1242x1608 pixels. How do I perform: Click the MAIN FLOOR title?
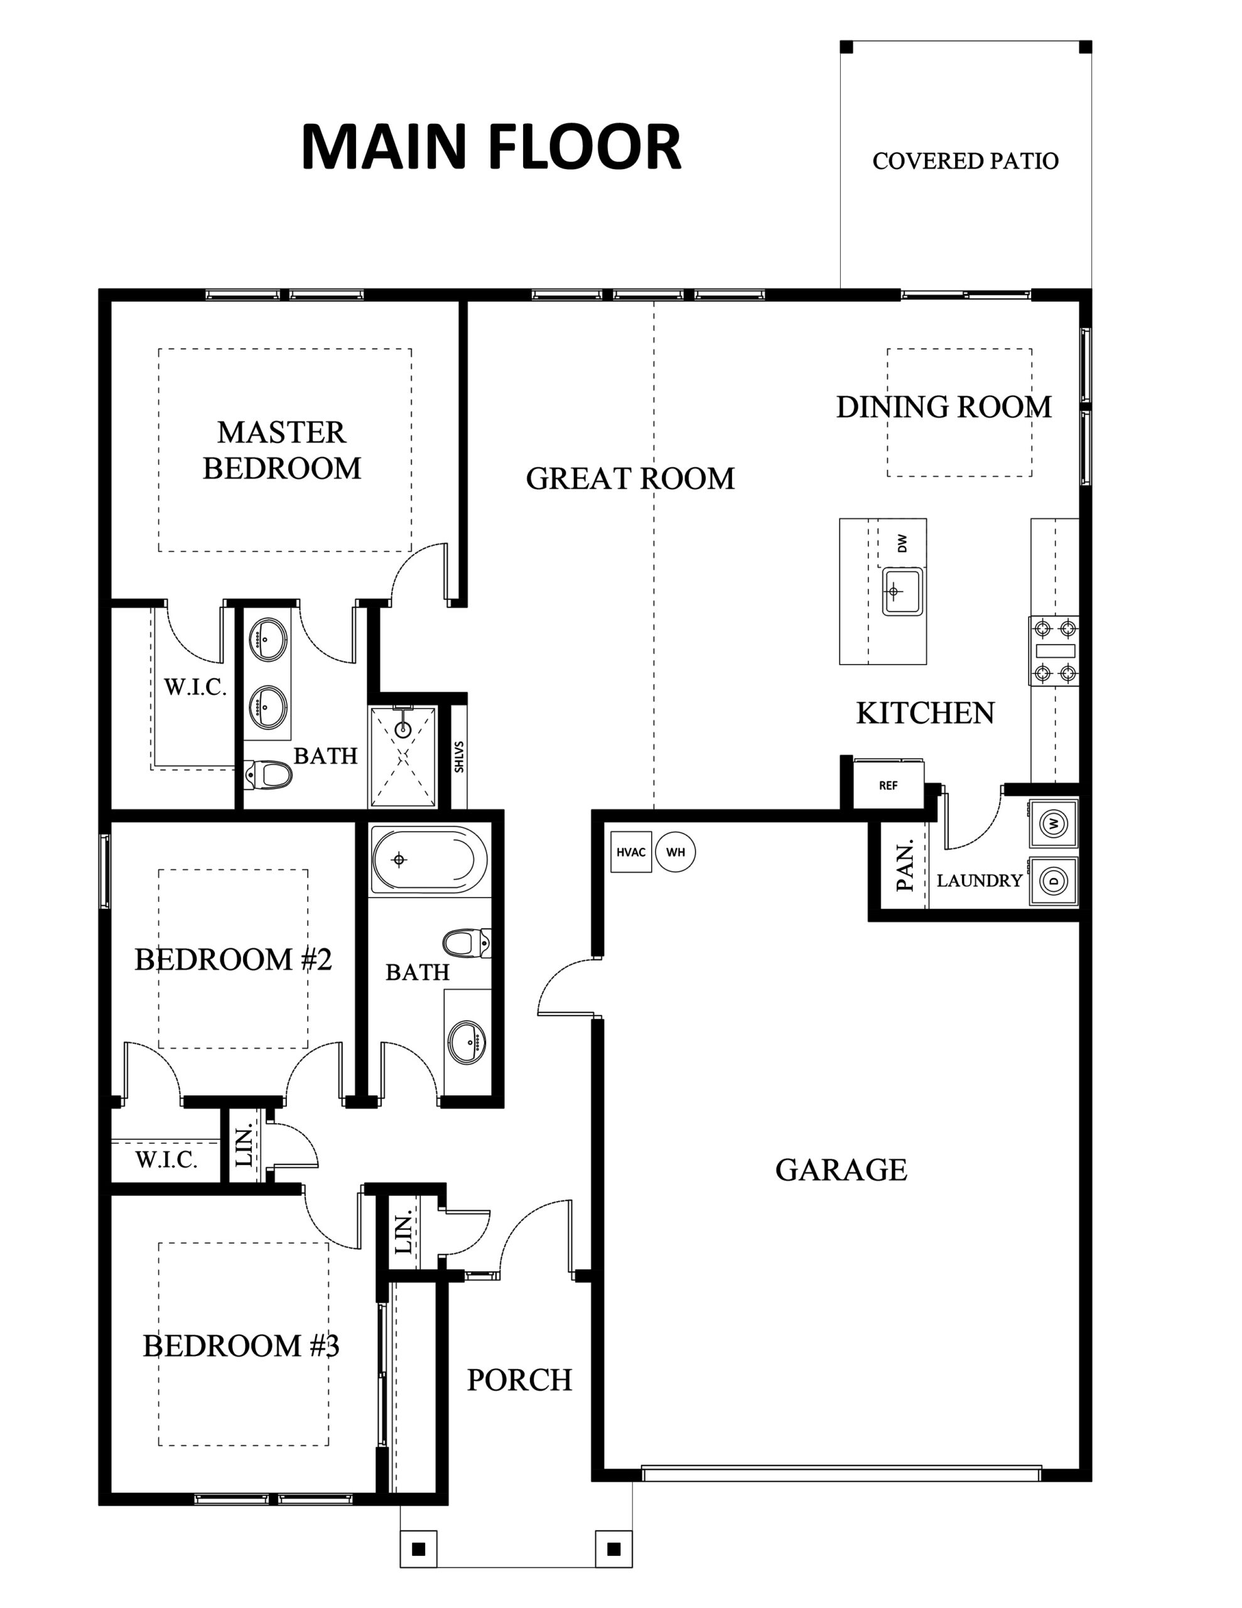(491, 147)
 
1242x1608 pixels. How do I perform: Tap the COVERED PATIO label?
(965, 161)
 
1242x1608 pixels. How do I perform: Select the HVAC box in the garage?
(631, 852)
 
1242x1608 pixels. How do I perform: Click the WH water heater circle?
(675, 852)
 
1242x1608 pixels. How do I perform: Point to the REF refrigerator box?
(888, 785)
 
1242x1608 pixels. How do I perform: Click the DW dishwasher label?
(902, 543)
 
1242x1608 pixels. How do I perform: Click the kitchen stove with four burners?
(1054, 651)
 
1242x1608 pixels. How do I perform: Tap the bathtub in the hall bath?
(428, 859)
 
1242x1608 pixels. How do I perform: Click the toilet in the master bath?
(268, 774)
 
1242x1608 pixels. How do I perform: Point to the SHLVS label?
(458, 756)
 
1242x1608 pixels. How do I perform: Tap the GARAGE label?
(841, 1170)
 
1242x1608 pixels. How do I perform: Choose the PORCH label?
(520, 1380)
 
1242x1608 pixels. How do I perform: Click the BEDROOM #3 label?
(240, 1346)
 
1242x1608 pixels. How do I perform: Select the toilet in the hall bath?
(467, 943)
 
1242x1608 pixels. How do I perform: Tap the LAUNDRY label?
(979, 881)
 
